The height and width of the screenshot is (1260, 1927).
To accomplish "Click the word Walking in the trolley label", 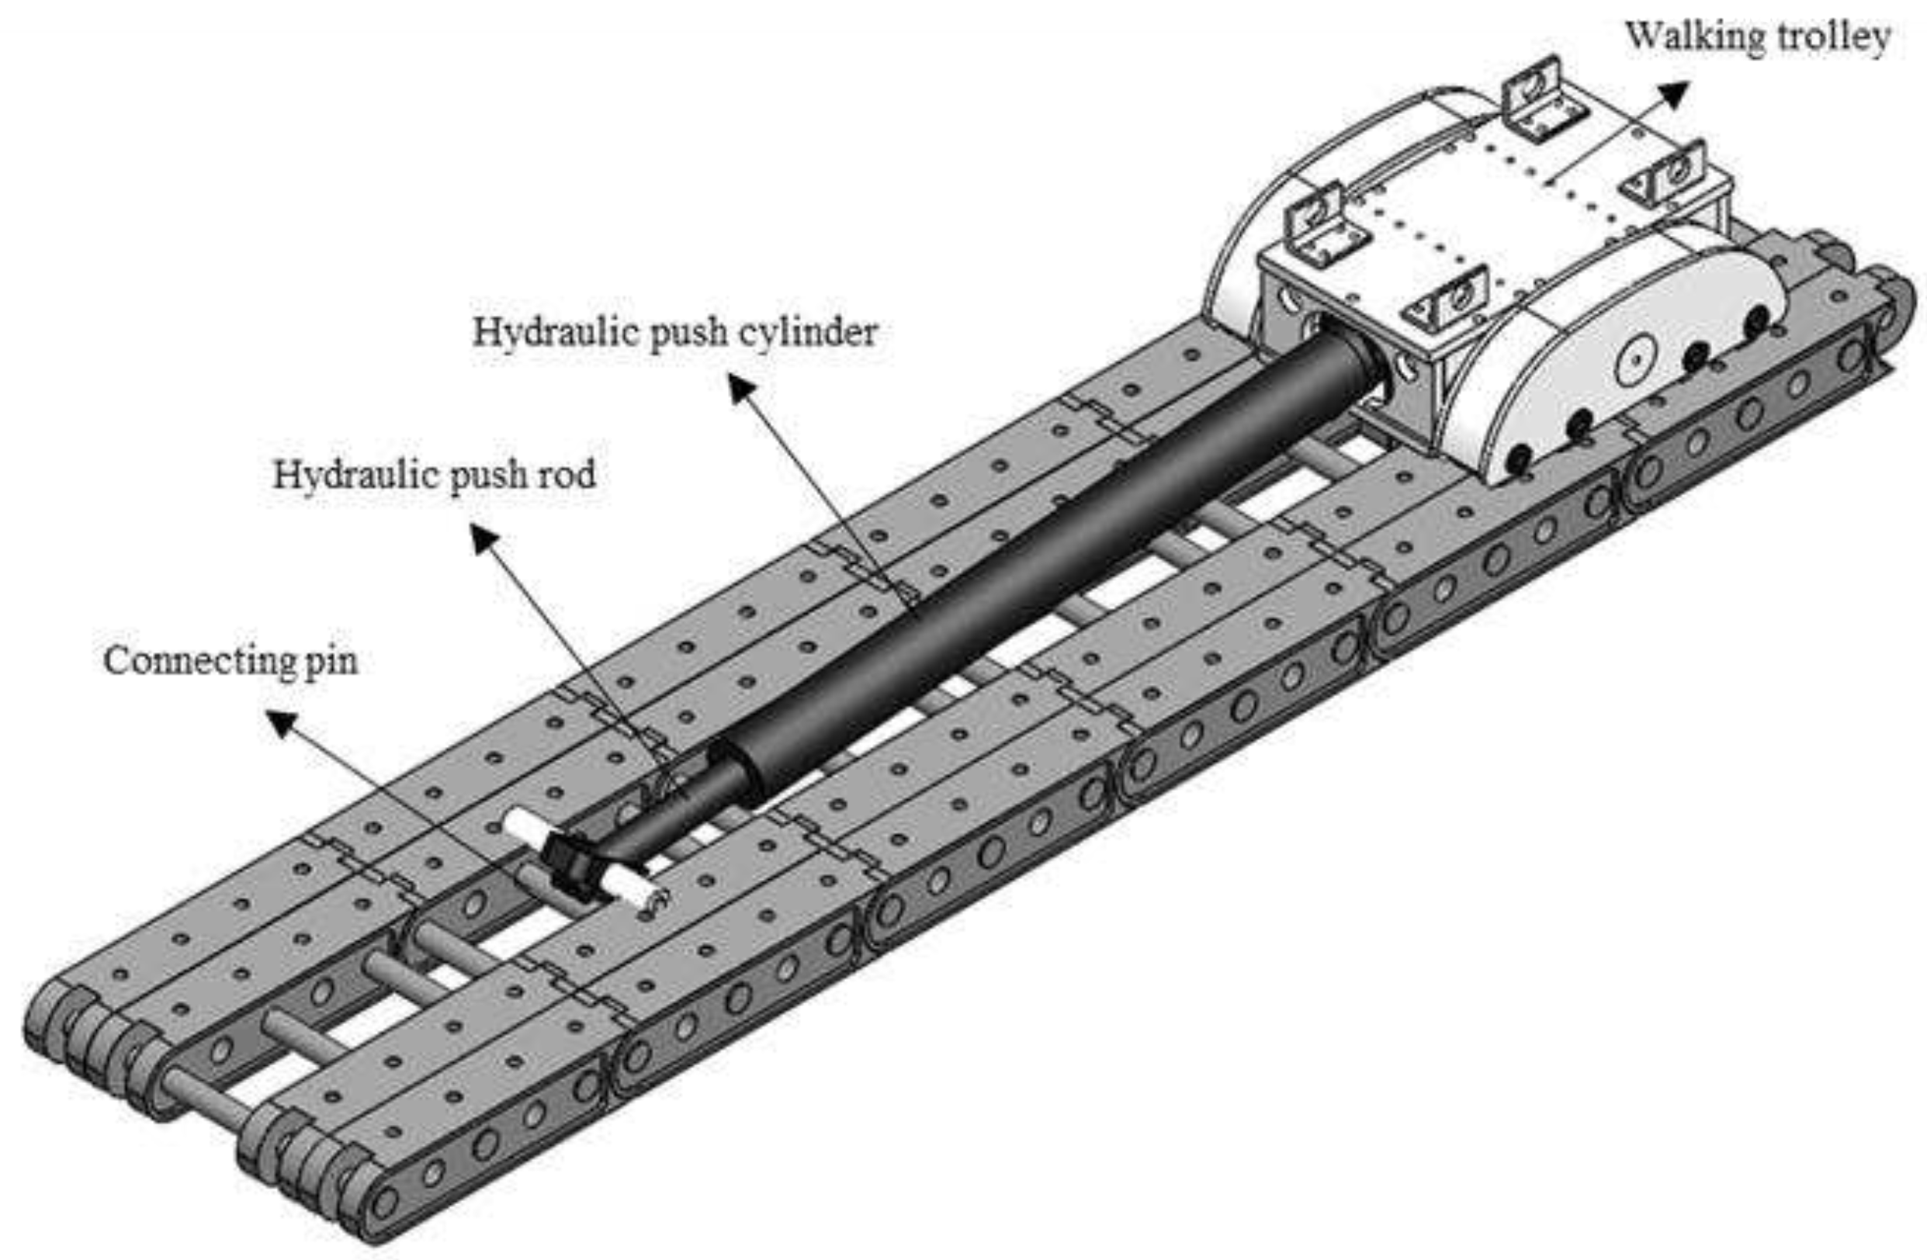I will click(x=1684, y=37).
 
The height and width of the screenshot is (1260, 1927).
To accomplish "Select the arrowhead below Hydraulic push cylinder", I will click(x=742, y=391).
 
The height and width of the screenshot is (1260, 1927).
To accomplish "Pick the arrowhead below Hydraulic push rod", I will click(x=484, y=539).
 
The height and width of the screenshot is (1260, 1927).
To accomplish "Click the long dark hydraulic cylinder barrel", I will click(x=1052, y=559).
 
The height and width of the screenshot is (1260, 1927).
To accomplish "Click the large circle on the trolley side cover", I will click(x=1634, y=361).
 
